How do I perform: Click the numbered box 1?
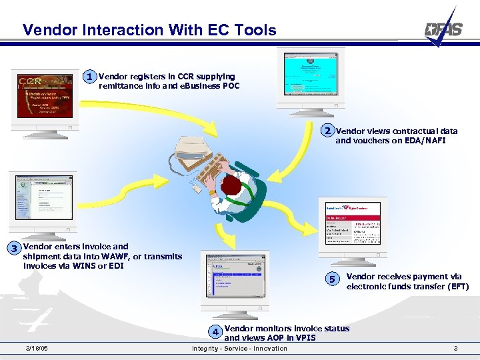click(89, 77)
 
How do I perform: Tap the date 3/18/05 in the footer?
click(36, 349)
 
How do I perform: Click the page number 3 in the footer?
click(455, 349)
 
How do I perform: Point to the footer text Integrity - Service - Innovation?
click(239, 349)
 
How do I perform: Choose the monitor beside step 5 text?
click(351, 227)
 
